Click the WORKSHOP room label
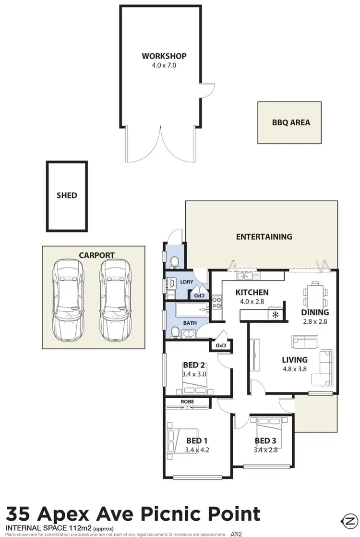coord(164,56)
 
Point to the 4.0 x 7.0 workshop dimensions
coord(164,65)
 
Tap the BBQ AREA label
coord(291,122)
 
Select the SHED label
coord(67,195)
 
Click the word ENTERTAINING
coord(264,236)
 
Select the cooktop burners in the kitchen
coord(216,303)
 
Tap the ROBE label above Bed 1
coord(187,401)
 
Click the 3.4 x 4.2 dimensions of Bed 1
coord(197,450)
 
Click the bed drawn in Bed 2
coord(194,383)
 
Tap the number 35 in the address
coord(20,513)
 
